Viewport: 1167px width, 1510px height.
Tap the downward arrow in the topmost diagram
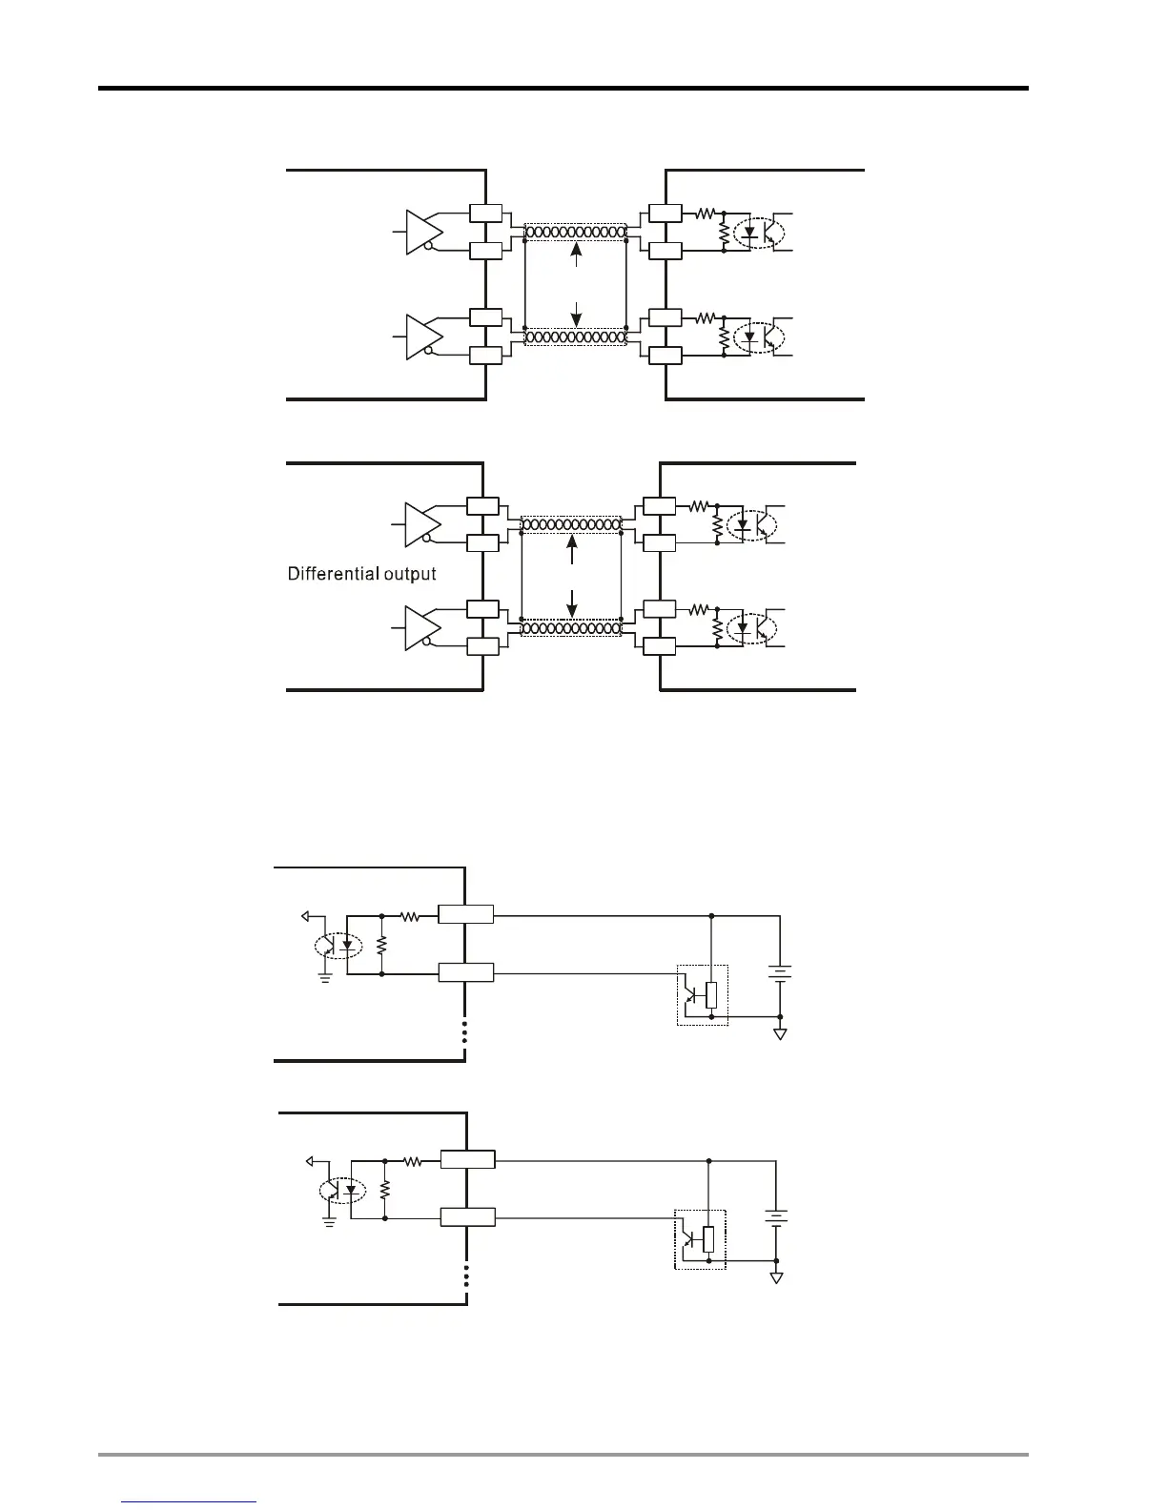pos(576,313)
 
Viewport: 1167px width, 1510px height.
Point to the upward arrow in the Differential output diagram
pos(572,547)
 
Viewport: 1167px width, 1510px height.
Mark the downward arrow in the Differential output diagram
pos(572,602)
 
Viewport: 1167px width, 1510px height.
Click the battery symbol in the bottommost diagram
pos(776,1217)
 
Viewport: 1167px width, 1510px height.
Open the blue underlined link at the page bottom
pos(190,1501)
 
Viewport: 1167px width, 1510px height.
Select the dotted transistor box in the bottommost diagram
pos(701,1239)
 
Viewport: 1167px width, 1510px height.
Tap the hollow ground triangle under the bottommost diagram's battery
pos(777,1277)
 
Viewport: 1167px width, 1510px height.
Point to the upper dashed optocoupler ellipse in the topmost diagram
pos(760,232)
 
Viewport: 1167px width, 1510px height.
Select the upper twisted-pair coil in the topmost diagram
pos(576,232)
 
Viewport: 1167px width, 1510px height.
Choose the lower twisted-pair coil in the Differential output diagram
pos(571,628)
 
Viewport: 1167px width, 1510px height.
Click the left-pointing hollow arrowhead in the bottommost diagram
pos(309,1161)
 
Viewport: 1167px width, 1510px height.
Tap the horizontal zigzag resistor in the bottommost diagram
pos(412,1161)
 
